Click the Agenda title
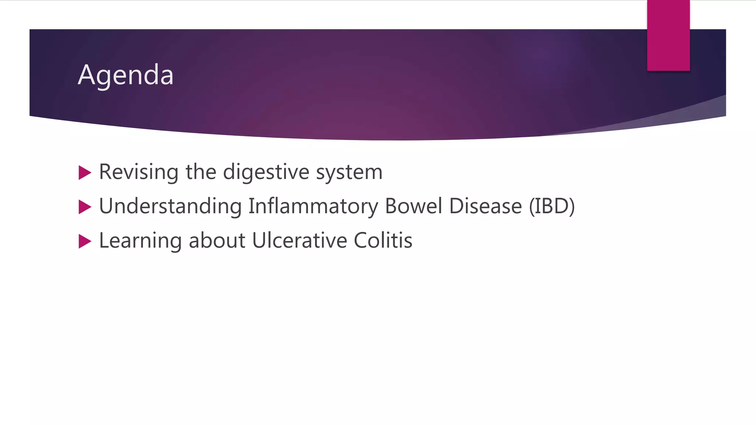coord(126,75)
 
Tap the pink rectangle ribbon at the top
coord(668,35)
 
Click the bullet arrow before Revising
coord(85,173)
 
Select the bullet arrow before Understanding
coord(85,207)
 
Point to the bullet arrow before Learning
coord(85,241)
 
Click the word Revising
coord(139,172)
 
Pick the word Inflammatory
coord(313,206)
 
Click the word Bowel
coord(413,206)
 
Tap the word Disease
coord(485,206)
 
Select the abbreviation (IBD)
coord(552,206)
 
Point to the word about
coord(217,241)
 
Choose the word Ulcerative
coord(299,241)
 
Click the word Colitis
coord(383,241)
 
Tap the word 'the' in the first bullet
coord(201,172)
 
